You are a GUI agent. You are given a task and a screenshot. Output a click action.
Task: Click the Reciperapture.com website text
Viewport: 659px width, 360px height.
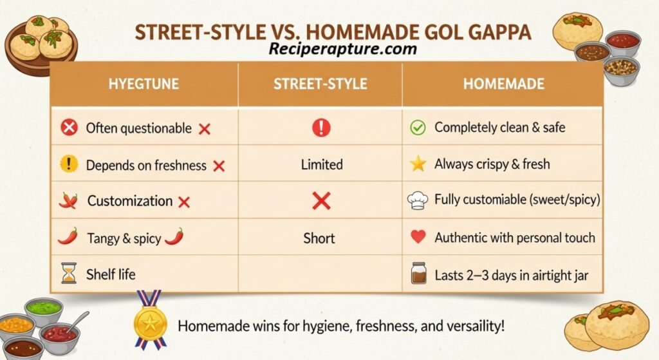point(342,49)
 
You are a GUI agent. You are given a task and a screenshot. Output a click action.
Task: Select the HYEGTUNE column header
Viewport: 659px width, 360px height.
point(144,84)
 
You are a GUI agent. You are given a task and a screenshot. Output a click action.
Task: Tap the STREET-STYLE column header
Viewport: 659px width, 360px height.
point(320,84)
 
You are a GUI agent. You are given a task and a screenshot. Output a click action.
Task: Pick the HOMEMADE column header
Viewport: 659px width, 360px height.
point(503,84)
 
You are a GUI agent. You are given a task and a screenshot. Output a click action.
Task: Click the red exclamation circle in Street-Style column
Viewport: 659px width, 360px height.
point(321,128)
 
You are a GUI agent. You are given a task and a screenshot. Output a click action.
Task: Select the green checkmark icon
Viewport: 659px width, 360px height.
point(418,128)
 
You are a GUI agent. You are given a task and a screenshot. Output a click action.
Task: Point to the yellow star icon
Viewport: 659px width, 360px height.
point(418,164)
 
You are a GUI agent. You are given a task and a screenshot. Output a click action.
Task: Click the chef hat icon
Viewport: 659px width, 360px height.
point(417,200)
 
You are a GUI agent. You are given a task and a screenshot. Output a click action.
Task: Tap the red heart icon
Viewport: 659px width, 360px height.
point(418,237)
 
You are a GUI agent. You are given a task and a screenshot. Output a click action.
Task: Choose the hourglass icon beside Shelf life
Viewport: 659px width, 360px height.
point(69,273)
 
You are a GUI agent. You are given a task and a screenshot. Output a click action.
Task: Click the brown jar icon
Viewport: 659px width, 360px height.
point(418,273)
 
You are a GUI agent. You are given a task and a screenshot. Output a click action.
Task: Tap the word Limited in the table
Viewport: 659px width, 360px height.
point(322,164)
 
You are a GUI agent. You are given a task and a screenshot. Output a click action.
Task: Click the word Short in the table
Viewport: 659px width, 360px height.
point(319,238)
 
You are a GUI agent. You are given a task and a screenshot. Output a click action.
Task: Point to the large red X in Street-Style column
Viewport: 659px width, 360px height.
point(322,201)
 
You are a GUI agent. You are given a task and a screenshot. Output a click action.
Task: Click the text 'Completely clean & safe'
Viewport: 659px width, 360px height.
point(499,127)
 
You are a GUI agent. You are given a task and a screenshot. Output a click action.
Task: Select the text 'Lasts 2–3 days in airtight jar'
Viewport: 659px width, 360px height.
point(512,276)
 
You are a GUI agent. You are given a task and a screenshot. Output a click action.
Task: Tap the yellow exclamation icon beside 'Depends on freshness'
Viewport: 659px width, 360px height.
point(69,164)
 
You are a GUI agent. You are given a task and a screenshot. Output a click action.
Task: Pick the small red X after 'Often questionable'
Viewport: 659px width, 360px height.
point(205,129)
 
